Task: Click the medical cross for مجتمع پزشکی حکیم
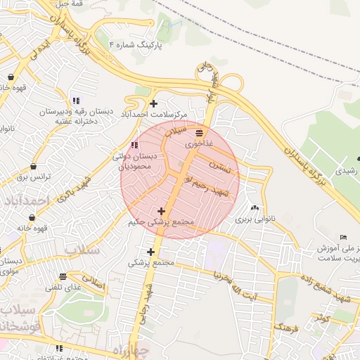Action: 162,211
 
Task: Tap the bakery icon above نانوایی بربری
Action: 254,208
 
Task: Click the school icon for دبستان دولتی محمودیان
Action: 134,145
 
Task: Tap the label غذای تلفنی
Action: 64,288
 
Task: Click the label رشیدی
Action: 347,170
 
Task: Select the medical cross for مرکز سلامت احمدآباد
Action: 153,103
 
